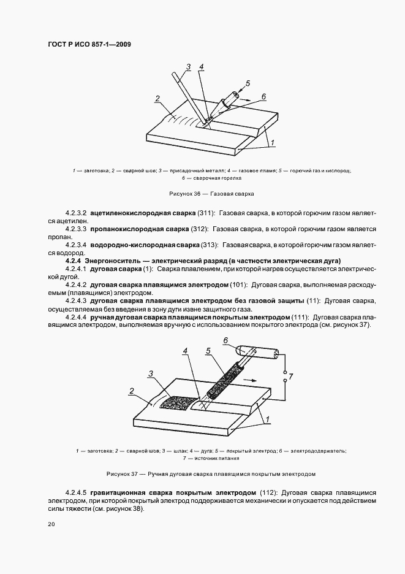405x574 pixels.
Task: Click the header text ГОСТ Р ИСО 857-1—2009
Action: click(x=89, y=45)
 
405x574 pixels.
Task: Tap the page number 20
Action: click(x=51, y=524)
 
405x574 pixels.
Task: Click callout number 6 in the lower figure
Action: click(x=225, y=340)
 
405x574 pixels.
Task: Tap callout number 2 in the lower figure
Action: click(x=131, y=390)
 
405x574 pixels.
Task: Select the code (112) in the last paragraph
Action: click(x=268, y=492)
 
